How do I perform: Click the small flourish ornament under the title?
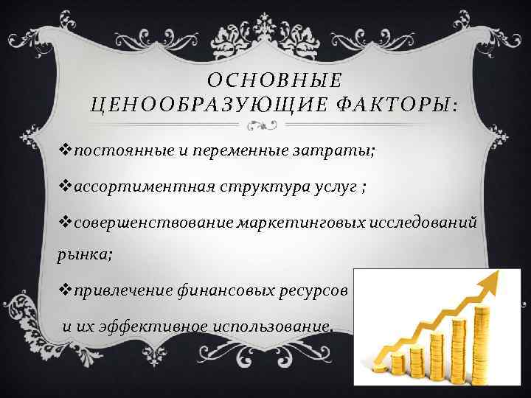point(265,125)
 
